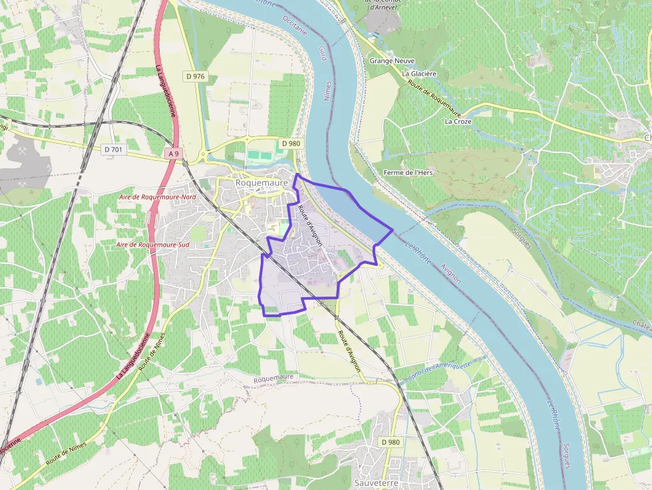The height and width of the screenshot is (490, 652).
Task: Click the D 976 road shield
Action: click(x=196, y=76)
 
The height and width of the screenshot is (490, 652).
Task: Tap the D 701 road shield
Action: click(x=114, y=150)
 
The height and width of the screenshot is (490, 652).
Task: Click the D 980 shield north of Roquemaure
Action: click(x=291, y=143)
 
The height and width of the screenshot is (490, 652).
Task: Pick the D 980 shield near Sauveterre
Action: click(x=391, y=442)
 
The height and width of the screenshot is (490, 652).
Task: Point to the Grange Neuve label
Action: click(x=392, y=61)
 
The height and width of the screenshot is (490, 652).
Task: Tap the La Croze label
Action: click(x=458, y=122)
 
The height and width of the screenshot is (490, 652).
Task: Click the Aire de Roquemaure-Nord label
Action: click(x=157, y=197)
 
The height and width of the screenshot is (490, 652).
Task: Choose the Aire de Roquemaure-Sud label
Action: click(x=153, y=245)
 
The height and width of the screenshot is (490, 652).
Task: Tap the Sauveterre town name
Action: click(x=377, y=483)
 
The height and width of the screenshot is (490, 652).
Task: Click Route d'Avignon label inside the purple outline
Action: click(x=309, y=227)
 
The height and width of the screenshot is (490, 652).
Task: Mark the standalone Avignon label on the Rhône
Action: click(x=450, y=268)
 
